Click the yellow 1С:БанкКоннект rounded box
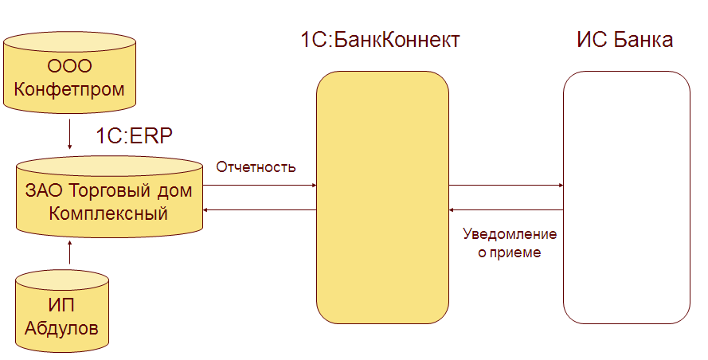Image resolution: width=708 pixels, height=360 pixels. coord(382,198)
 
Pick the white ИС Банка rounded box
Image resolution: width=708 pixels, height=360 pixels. coord(626,198)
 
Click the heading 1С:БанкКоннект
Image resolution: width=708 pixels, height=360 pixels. coord(380,40)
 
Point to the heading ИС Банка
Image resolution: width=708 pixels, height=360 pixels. coord(624,40)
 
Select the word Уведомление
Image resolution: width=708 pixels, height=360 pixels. coord(510,235)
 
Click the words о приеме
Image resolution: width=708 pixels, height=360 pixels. coord(510,252)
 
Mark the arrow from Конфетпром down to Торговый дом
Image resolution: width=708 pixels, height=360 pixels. coord(70,135)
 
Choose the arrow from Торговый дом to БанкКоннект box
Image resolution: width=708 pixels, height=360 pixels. coord(260,186)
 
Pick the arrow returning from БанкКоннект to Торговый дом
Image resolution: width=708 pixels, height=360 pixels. coord(260,210)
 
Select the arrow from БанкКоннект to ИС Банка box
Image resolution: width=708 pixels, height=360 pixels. coord(506,186)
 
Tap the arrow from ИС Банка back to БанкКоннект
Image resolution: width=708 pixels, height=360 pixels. coord(506,210)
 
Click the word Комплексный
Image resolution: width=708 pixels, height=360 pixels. coord(108,213)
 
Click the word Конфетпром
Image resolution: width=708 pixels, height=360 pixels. coord(69,88)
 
